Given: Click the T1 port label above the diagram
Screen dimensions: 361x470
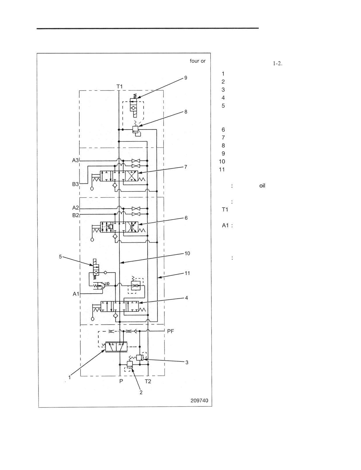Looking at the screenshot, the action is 119,87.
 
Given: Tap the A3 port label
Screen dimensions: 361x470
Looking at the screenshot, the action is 75,160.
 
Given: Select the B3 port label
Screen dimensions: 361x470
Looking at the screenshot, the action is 75,184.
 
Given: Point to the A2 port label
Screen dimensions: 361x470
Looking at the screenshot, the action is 76,208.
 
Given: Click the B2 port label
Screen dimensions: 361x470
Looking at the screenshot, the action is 76,215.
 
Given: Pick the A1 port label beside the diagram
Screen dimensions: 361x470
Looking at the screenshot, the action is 76,294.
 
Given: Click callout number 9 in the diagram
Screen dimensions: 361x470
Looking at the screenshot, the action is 186,78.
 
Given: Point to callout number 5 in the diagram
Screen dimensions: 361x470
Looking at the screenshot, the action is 60,256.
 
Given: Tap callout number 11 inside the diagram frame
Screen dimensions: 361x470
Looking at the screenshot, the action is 187,273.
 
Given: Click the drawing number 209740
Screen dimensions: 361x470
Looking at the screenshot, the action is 199,400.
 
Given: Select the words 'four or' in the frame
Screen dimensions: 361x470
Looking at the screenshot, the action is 197,61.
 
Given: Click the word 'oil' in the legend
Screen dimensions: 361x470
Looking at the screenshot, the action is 262,186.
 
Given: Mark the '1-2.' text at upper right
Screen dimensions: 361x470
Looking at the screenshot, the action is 277,63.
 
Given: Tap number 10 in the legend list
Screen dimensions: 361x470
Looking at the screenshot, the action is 222,161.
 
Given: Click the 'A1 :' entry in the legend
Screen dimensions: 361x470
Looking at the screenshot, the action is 227,225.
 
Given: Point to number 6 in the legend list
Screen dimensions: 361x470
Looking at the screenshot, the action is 223,130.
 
